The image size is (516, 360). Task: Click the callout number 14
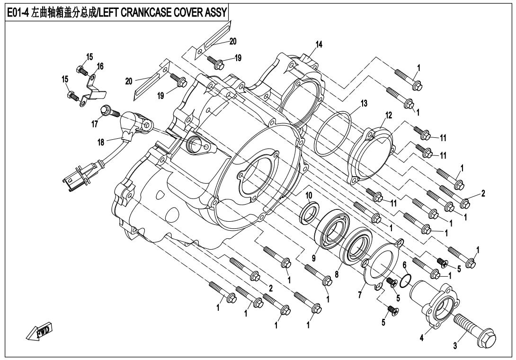click(319, 45)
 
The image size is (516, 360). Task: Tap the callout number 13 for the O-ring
click(364, 103)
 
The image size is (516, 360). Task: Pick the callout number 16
click(100, 66)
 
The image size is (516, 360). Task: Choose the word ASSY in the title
click(216, 12)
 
